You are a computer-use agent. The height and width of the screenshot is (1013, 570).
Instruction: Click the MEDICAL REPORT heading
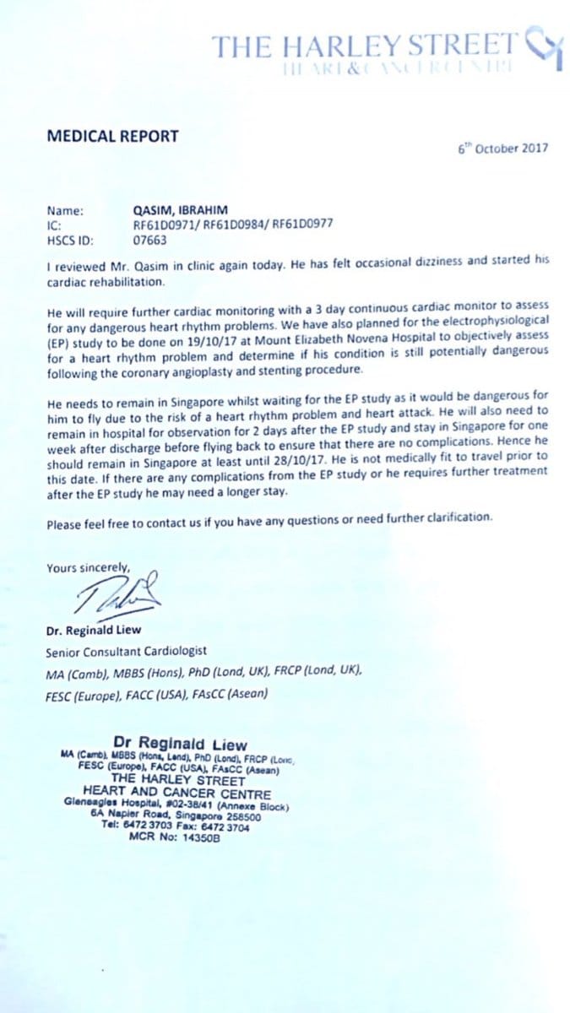pos(112,135)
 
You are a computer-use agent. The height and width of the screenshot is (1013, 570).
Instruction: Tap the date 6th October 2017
pos(503,148)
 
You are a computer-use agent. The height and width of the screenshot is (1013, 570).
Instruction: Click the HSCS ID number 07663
pos(150,239)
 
